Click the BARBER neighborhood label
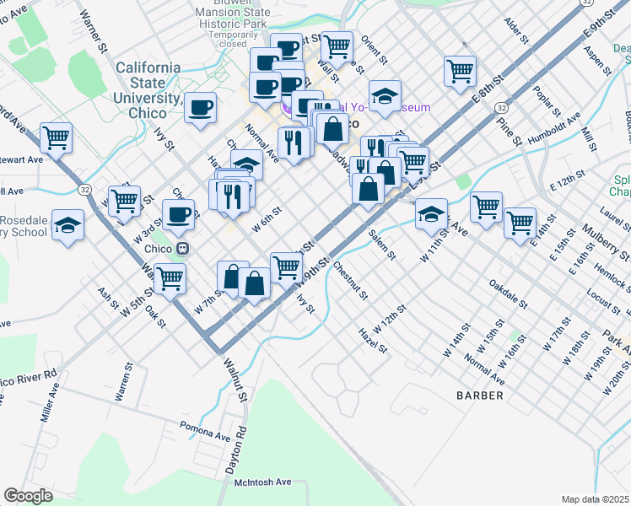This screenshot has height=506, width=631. (480, 395)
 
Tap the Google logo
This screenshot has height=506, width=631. (28, 496)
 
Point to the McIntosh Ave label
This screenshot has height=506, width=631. (262, 482)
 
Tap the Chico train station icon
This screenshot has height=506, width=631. (181, 249)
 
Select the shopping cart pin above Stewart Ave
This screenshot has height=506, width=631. (56, 137)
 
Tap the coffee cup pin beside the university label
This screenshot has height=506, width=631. (201, 107)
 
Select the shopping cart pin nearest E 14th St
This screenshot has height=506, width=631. (520, 222)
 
